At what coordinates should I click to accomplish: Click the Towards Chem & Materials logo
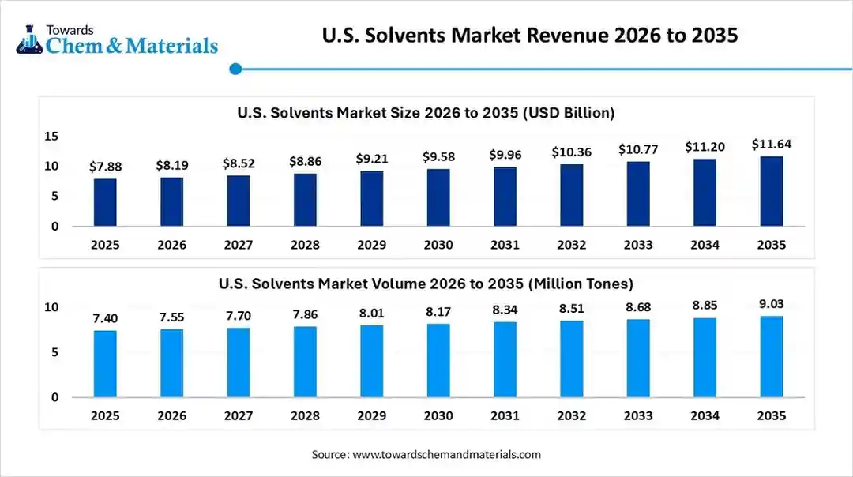tap(116, 39)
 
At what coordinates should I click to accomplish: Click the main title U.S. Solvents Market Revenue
tap(530, 36)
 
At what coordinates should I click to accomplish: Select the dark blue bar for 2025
tap(105, 202)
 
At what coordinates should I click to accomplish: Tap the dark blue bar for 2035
tap(771, 191)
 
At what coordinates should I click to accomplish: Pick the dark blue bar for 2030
tap(438, 197)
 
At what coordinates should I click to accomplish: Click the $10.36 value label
tap(571, 152)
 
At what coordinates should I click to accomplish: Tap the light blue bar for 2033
tap(638, 358)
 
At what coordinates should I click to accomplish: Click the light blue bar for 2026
tap(171, 363)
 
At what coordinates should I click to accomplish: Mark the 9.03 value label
tap(771, 304)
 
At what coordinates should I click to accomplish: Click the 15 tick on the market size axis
tap(51, 137)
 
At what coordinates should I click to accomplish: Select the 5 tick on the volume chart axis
tap(54, 352)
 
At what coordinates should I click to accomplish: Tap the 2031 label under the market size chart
tap(505, 245)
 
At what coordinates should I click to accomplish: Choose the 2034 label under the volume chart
tap(705, 415)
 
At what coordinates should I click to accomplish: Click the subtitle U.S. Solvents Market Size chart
tap(426, 113)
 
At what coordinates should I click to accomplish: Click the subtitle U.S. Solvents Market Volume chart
tap(426, 283)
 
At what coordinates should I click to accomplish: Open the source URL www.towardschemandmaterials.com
tap(446, 454)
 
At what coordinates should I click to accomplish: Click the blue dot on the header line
tap(235, 69)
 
